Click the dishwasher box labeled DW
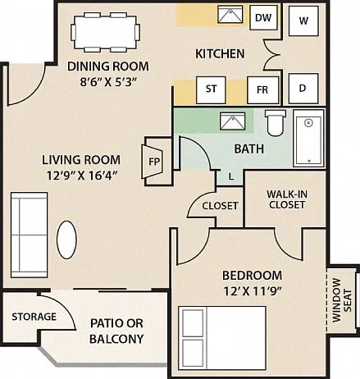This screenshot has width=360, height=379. tap(264, 17)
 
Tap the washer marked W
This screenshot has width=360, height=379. tap(303, 21)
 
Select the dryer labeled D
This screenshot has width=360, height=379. tap(303, 89)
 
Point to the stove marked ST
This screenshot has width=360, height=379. tap(211, 90)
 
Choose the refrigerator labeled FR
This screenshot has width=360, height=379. tap(262, 90)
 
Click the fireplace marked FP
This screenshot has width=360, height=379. tap(153, 162)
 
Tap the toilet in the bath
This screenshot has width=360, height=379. tap(276, 123)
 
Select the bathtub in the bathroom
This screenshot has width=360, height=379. tap(309, 138)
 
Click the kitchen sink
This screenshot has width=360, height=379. tap(230, 14)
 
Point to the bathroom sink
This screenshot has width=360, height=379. tap(233, 121)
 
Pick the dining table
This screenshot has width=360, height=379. tap(106, 32)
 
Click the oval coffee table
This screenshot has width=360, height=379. tap(66, 240)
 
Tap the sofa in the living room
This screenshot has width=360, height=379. tap(30, 235)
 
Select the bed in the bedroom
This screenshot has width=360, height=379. tap(222, 338)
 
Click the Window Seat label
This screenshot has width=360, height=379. tap(342, 300)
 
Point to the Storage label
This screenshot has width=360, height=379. tap(34, 317)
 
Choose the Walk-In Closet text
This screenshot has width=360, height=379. tap(287, 199)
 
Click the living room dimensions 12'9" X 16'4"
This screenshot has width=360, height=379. tap(82, 176)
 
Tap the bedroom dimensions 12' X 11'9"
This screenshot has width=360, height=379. tap(253, 291)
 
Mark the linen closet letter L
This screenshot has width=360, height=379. tap(231, 177)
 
